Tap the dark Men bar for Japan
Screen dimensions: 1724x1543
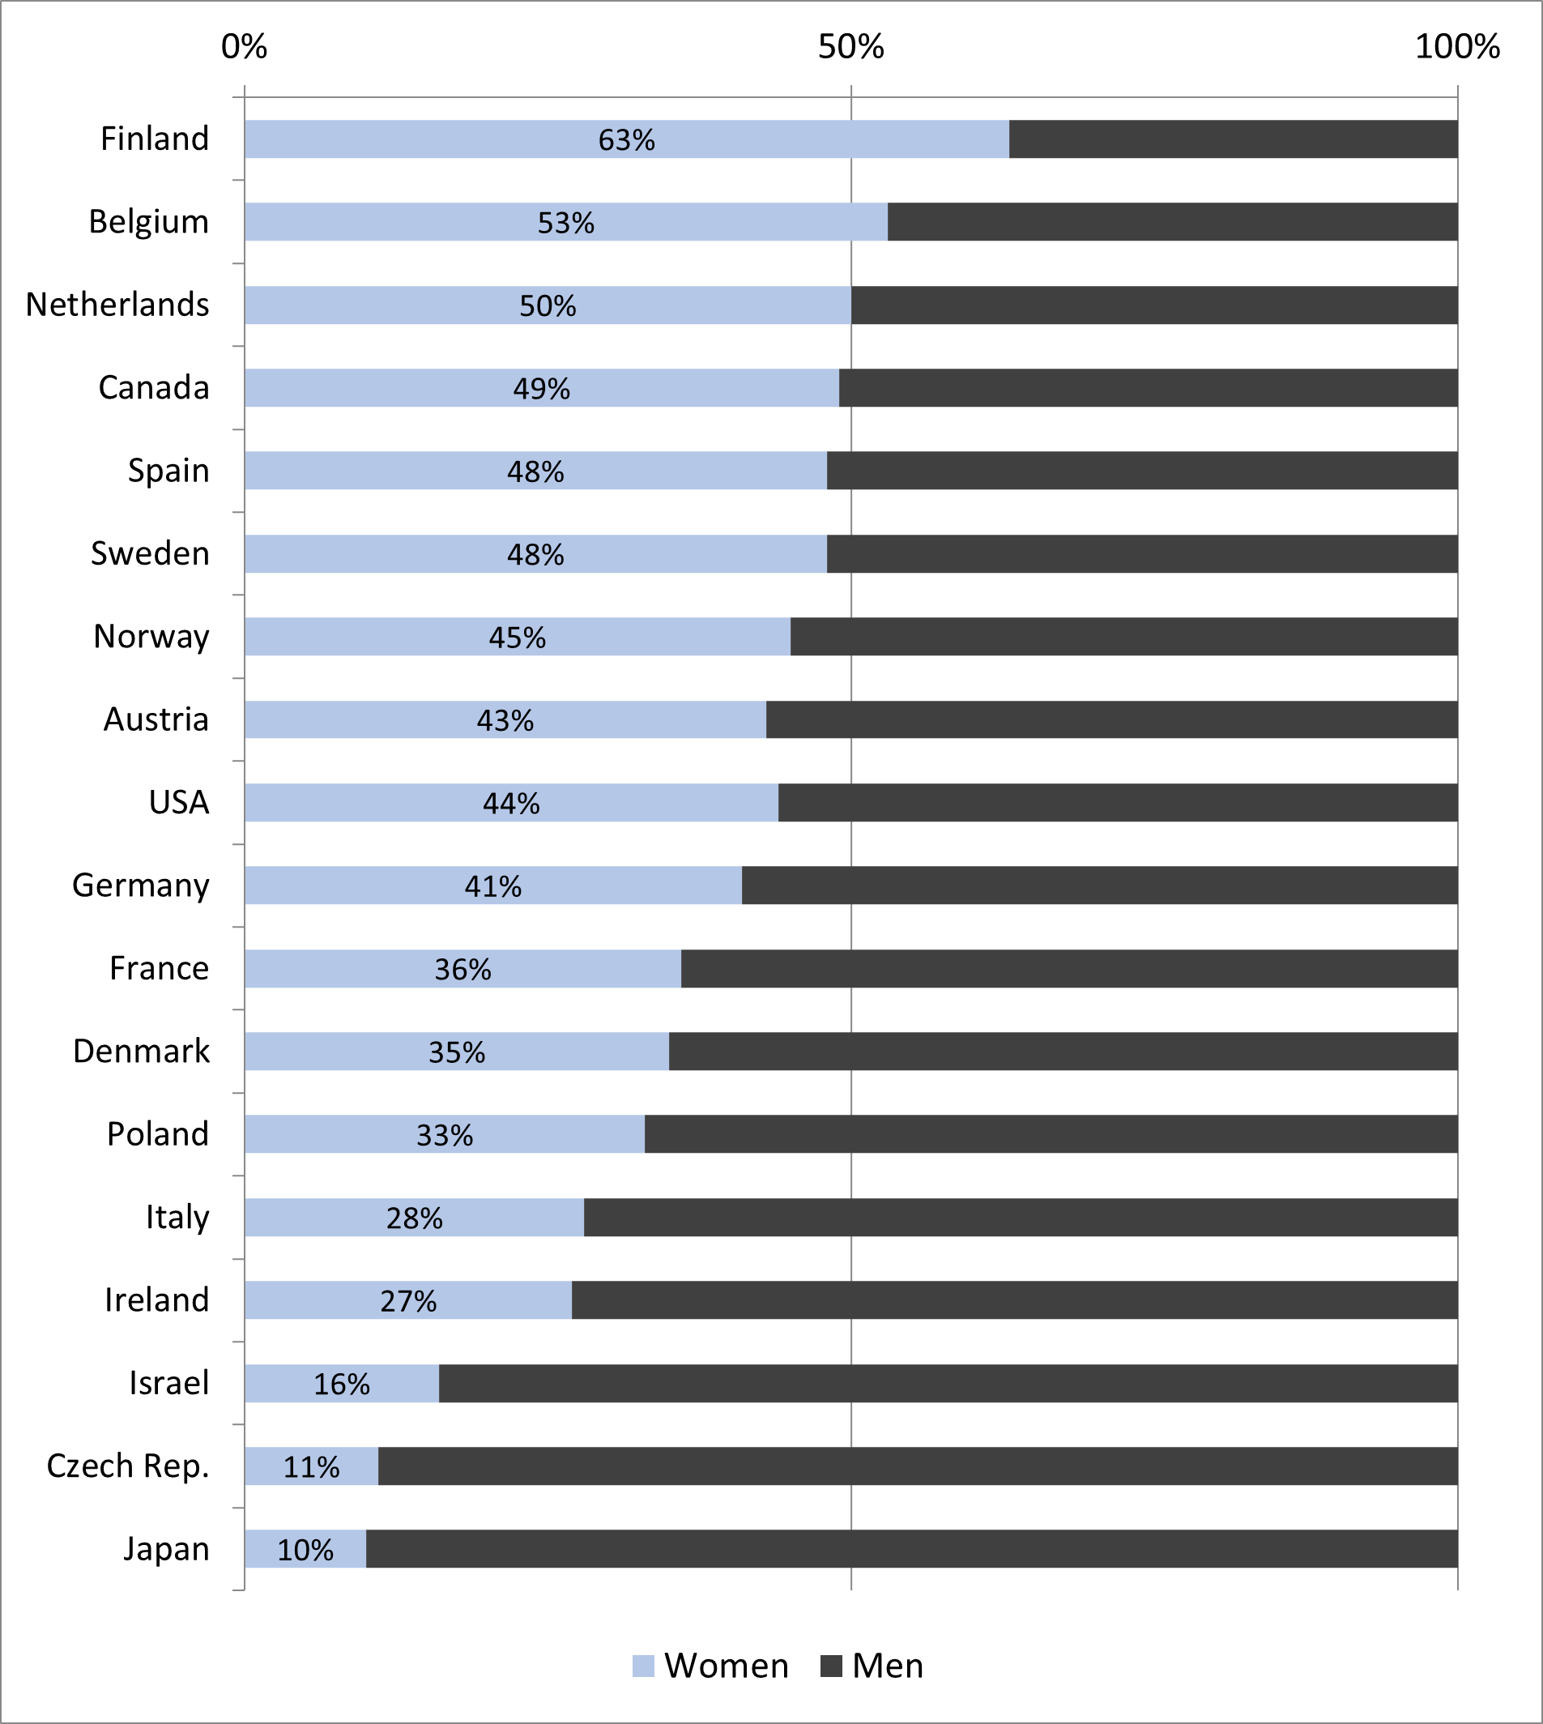911,1548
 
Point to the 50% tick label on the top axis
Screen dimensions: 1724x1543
850,47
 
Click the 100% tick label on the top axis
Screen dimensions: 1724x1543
1456,47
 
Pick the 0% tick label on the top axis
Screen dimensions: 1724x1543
244,47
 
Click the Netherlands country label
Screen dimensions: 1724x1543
117,305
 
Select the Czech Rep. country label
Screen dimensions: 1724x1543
127,1466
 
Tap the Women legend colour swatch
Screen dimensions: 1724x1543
643,1666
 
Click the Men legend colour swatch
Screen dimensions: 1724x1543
831,1666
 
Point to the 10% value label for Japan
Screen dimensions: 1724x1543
305,1550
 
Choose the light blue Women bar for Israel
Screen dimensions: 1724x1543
279,1383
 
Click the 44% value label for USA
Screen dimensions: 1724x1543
511,803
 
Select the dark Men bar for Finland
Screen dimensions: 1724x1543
1234,139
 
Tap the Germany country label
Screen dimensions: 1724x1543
141,885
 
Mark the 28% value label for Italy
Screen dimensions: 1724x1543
414,1218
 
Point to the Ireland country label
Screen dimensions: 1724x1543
157,1300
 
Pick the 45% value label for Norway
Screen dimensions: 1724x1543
517,638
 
